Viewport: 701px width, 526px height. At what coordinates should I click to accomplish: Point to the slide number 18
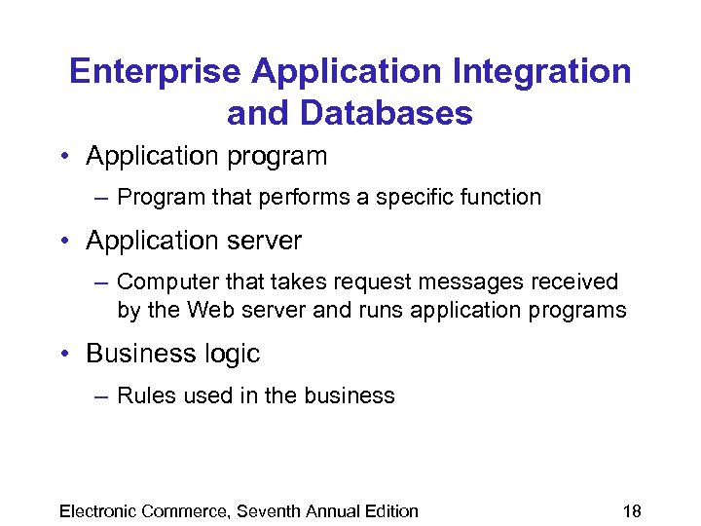click(x=631, y=510)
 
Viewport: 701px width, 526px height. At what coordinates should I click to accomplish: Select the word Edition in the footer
click(x=388, y=510)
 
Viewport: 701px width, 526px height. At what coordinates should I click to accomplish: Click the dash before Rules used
click(x=102, y=395)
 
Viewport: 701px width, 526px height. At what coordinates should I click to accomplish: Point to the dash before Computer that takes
click(x=102, y=282)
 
